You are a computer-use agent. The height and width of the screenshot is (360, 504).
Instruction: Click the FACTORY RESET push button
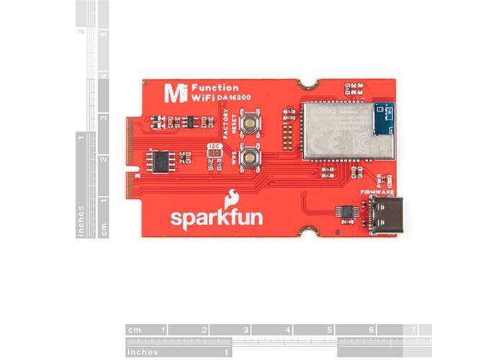coord(251,122)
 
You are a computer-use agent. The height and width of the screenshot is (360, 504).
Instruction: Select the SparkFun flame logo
coord(232,198)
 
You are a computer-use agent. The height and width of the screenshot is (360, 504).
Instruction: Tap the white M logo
coord(172,93)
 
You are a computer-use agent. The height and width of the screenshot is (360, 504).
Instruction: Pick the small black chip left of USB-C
coord(348,211)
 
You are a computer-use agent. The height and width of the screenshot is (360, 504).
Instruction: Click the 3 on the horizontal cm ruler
coord(246,330)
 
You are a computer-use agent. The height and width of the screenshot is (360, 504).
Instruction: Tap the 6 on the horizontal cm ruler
coord(371,330)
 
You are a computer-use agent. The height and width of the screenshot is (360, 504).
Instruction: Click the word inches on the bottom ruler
coord(142,351)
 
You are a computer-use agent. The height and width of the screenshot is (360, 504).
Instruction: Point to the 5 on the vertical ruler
coord(105,34)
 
